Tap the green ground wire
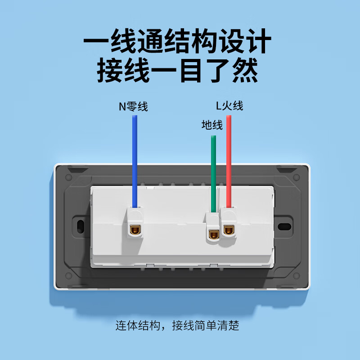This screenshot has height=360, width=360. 213,171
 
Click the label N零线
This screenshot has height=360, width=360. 133,107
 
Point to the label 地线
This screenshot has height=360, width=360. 212,125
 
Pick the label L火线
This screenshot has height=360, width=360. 229,106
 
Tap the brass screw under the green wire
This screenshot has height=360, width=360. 213,233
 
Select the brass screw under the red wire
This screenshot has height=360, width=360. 229,230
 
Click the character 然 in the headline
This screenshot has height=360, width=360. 245,71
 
